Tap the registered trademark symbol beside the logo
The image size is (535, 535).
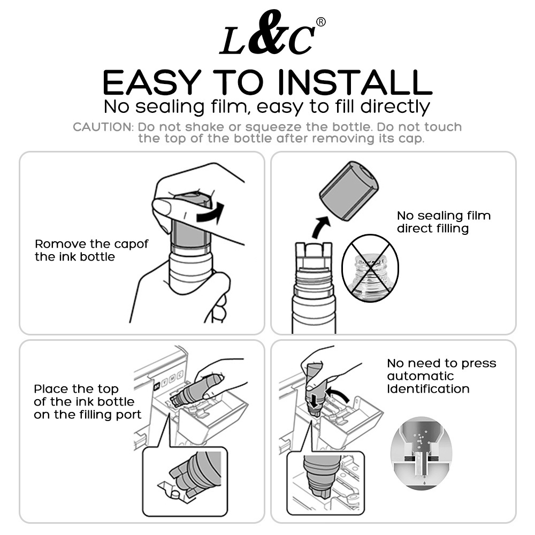tap(321, 22)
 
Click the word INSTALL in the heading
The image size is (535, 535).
tap(355, 82)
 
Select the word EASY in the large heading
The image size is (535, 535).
tap(152, 82)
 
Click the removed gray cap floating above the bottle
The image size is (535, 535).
tap(349, 191)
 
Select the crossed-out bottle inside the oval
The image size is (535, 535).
tap(370, 268)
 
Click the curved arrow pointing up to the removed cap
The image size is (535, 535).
tap(320, 226)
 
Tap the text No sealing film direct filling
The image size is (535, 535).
tap(444, 222)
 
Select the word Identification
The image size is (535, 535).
tap(428, 389)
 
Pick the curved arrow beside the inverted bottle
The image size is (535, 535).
tap(338, 392)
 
